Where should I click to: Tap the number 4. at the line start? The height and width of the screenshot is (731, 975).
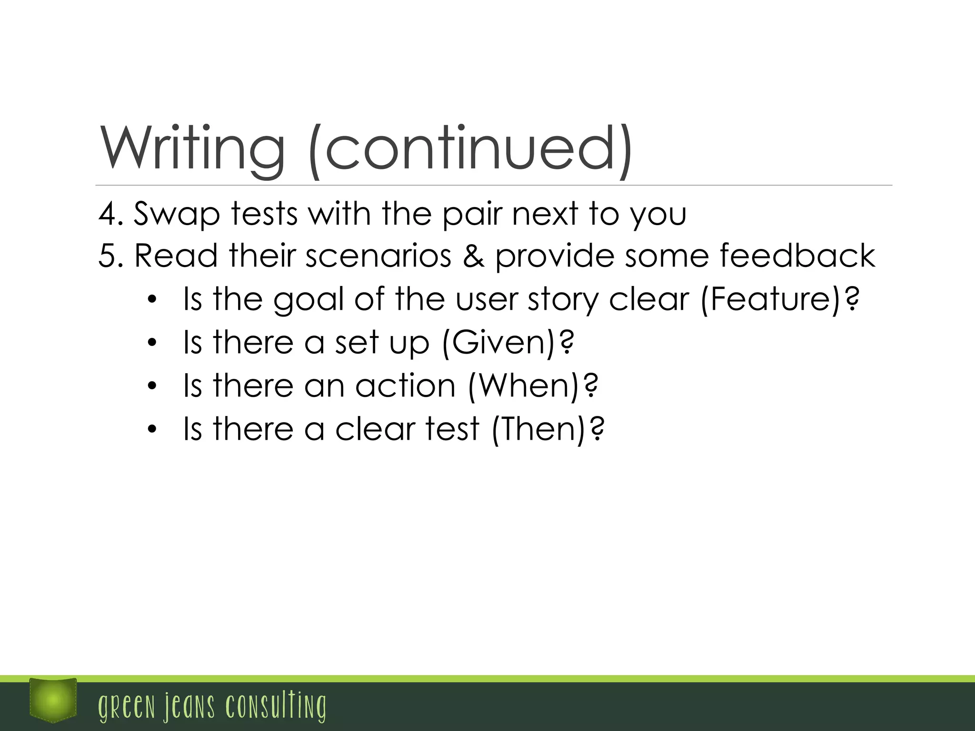111,214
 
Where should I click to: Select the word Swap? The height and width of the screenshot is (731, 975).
177,215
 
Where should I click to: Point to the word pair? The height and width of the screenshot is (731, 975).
472,215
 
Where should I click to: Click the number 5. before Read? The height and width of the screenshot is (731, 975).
111,256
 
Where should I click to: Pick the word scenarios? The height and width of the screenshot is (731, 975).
378,256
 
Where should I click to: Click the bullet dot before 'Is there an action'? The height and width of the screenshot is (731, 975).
152,386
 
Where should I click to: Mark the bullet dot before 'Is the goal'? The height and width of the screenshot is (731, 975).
152,300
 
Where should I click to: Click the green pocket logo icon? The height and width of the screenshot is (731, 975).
53,700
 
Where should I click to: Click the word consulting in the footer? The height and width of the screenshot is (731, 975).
276,706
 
